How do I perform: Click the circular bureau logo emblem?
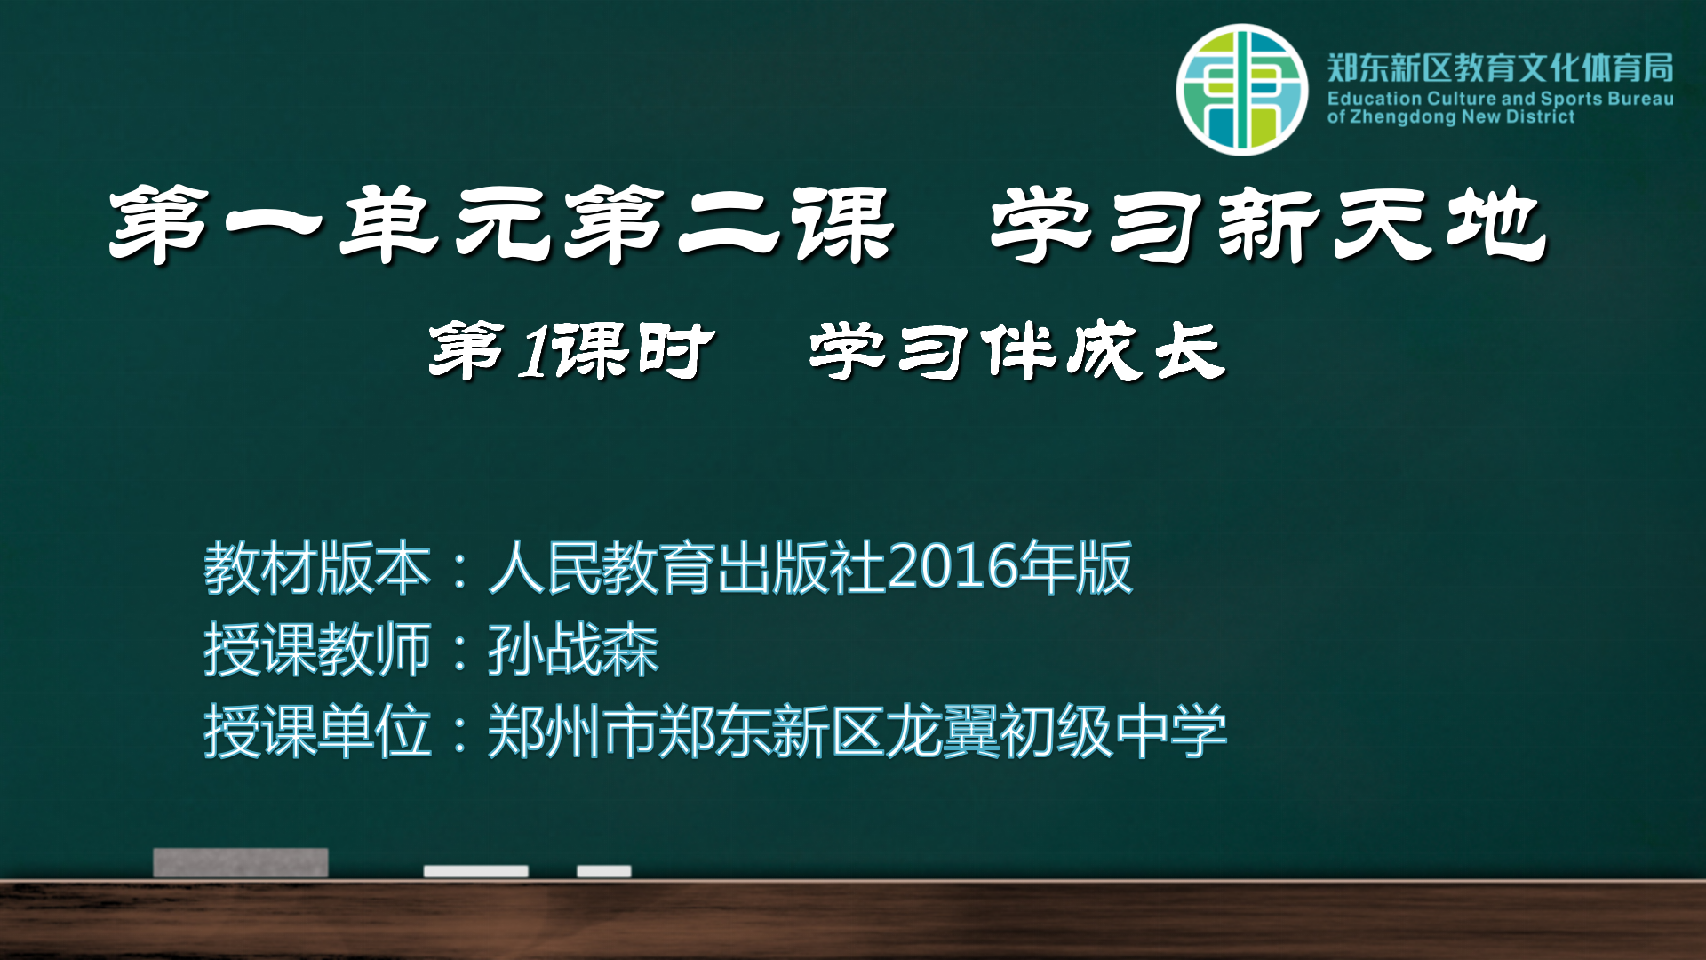pyautogui.click(x=1242, y=90)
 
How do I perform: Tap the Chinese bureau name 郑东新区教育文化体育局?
pyautogui.click(x=1501, y=68)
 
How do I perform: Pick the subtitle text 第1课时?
pyautogui.click(x=571, y=351)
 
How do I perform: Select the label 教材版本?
pyautogui.click(x=317, y=568)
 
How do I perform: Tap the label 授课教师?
pyautogui.click(x=317, y=650)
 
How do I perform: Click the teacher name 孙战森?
pyautogui.click(x=573, y=650)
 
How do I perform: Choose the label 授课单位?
pyautogui.click(x=317, y=732)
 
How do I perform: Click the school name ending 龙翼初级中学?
pyautogui.click(x=1056, y=732)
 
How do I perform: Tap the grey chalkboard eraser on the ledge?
pyautogui.click(x=240, y=862)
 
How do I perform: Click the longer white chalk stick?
pyautogui.click(x=475, y=871)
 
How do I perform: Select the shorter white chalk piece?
pyautogui.click(x=604, y=871)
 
